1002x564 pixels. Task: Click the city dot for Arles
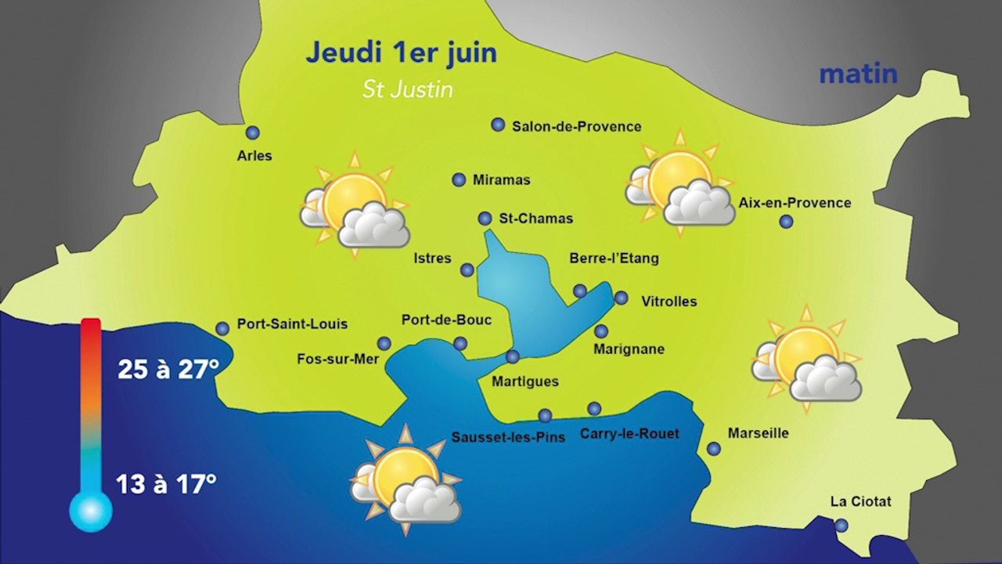[x=252, y=133]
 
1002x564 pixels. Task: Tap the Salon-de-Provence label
[x=576, y=126]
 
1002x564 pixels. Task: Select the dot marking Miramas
[x=460, y=180]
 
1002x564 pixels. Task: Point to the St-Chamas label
[x=536, y=219]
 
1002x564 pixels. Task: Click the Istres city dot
[x=467, y=270]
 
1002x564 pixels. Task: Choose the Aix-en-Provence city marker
[x=786, y=222]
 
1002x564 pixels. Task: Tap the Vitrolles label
[x=669, y=301]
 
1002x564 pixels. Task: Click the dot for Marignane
[x=601, y=331]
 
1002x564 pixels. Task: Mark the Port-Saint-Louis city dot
[x=222, y=329]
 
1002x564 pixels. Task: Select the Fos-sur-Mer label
[x=338, y=360]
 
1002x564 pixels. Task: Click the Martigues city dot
[x=513, y=357]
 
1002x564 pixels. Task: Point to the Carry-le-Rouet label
[x=629, y=433]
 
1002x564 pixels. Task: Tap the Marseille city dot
[x=714, y=449]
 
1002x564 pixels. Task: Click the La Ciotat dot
[x=841, y=526]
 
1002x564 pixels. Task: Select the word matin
[x=858, y=74]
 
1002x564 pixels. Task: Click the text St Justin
[x=408, y=89]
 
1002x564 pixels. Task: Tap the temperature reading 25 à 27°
[x=168, y=369]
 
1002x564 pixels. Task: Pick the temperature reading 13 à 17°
[x=166, y=483]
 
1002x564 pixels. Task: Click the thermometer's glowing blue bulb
[x=91, y=512]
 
